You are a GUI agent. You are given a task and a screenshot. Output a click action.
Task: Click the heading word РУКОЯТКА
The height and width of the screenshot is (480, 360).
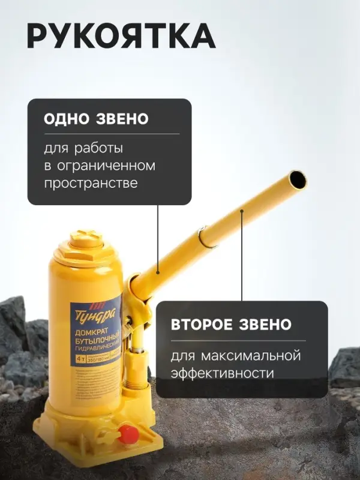coord(121,37)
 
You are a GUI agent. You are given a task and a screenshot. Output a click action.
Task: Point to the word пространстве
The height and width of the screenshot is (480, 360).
coord(91,183)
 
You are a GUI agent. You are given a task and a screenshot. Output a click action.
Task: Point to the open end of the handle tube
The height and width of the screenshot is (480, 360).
coord(297,179)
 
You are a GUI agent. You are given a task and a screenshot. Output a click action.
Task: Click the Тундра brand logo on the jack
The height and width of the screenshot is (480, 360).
coord(87,313)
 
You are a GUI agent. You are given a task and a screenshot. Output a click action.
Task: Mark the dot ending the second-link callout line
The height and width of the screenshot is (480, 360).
coord(242,211)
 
